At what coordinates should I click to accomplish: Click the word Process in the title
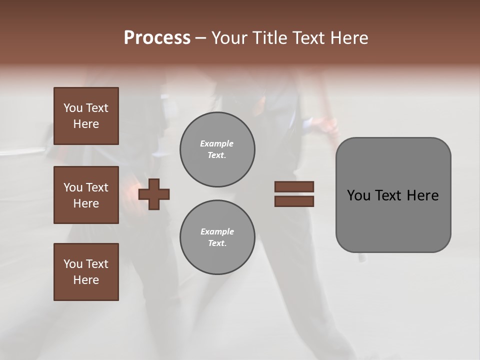(x=157, y=38)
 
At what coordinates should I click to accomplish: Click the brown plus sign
(x=154, y=194)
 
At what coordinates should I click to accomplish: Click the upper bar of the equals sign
(x=294, y=186)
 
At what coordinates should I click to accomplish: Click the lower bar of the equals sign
(x=294, y=201)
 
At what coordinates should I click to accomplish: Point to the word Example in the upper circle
(x=217, y=143)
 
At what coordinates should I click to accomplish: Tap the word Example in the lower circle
(x=217, y=231)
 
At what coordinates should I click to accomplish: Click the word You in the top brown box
(x=73, y=108)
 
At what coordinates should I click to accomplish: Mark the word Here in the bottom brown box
(x=86, y=280)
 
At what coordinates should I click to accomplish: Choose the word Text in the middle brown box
(x=96, y=187)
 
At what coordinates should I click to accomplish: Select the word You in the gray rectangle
(x=358, y=195)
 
